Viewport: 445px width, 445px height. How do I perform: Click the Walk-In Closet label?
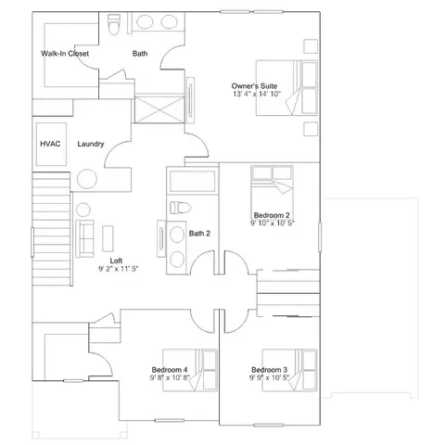pos(65,54)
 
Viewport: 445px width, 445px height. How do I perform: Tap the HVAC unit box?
pos(51,144)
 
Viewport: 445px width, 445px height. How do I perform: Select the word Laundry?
pos(91,144)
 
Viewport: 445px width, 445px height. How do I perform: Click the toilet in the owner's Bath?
pos(113,24)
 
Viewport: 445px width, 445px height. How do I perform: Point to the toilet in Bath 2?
pos(180,208)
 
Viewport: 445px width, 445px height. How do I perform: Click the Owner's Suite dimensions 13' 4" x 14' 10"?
pos(257,94)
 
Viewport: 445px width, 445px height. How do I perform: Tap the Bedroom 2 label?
pos(272,215)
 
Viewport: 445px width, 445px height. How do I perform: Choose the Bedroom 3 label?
pos(269,370)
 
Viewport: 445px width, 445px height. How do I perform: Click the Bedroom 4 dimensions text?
pos(170,377)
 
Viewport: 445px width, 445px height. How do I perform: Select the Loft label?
pos(116,261)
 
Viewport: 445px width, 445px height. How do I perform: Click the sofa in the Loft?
pos(85,238)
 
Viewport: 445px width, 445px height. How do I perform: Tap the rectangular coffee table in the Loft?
pos(108,238)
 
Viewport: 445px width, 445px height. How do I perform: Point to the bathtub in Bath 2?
pos(193,181)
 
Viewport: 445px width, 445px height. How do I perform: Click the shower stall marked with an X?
pos(159,109)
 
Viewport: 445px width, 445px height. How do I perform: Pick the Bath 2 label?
pos(199,234)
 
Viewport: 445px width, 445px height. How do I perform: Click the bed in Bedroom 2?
pos(272,192)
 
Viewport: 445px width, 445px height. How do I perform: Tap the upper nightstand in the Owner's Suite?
pos(311,46)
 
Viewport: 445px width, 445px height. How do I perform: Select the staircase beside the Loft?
pos(51,229)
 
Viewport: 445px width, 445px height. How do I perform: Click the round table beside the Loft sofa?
pos(83,210)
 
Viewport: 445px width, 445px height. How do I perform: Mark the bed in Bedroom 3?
pos(289,370)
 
